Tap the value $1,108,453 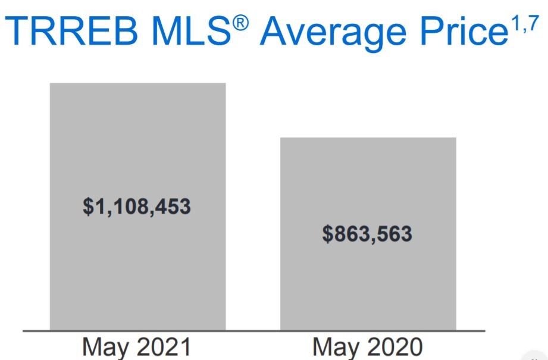pos(137,206)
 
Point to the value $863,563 pos(367,233)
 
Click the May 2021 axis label pos(137,347)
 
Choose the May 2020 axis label pos(368,347)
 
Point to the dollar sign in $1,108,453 pos(88,206)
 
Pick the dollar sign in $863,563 pos(328,233)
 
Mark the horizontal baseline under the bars pos(253,330)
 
